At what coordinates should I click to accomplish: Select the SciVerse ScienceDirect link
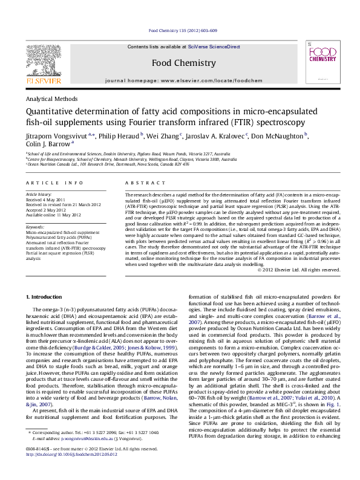tap(214, 47)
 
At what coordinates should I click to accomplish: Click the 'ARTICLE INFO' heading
tap(53, 182)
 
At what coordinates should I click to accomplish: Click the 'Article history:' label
tap(38, 195)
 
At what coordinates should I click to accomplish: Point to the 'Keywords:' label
tap(36, 227)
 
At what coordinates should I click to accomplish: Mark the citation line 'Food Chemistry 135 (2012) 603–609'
tap(182, 30)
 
